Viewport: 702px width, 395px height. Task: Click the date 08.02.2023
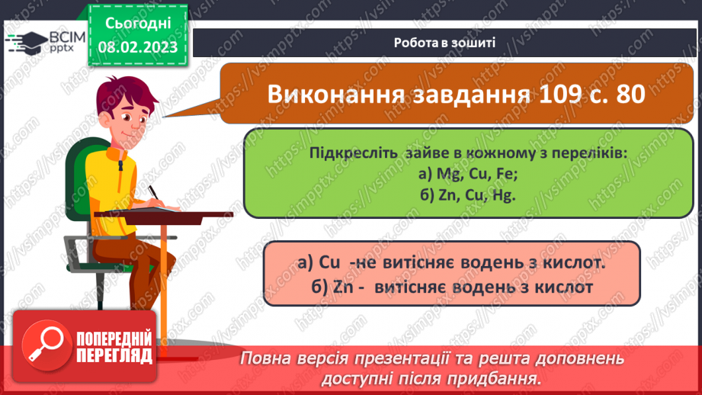[137, 47]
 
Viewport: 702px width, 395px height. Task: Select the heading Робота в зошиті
[445, 43]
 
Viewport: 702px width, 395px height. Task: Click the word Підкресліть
[352, 153]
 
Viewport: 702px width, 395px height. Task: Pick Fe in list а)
[507, 174]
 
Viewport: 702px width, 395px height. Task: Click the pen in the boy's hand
[155, 193]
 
